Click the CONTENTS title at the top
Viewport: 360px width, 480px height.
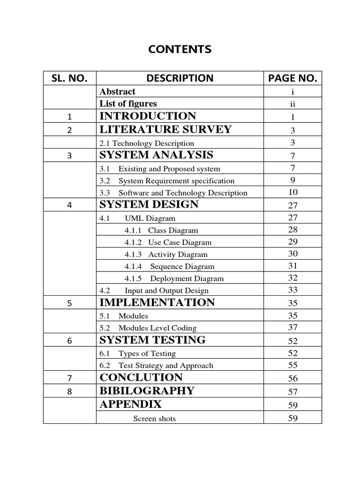(x=180, y=49)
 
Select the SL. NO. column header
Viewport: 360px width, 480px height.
(x=69, y=78)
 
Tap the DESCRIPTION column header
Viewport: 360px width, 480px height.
(x=180, y=78)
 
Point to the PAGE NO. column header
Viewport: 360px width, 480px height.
(x=293, y=78)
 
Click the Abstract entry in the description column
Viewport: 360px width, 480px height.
(x=117, y=92)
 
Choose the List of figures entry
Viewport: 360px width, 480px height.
(x=128, y=104)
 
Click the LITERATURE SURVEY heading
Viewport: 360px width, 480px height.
(x=165, y=129)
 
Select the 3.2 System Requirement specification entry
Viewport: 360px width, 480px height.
(x=167, y=181)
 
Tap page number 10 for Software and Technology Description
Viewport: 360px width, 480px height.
(x=293, y=192)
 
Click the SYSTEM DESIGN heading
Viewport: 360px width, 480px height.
(x=149, y=204)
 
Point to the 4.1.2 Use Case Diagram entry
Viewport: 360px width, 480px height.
(x=168, y=242)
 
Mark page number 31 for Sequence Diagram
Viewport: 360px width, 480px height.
(x=293, y=266)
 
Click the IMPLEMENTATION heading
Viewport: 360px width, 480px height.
(x=157, y=302)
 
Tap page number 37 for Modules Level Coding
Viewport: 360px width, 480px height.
(x=293, y=327)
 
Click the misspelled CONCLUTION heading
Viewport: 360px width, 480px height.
(x=141, y=377)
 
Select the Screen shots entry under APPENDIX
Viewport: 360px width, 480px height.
(x=154, y=418)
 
